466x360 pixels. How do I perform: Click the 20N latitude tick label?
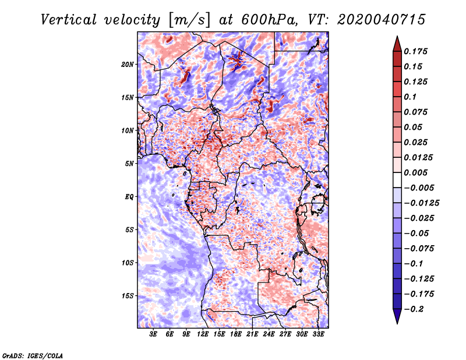coord(127,65)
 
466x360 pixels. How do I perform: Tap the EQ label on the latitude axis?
coord(129,197)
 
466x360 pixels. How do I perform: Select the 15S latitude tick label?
coord(127,296)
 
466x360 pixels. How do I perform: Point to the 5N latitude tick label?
coord(129,164)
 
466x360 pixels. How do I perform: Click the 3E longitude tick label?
coord(153,334)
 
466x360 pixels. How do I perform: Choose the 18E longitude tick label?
coord(236,334)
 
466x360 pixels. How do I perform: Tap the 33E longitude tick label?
coord(318,334)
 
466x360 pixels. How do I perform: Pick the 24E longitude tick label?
coord(269,334)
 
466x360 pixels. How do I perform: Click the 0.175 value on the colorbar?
coord(415,51)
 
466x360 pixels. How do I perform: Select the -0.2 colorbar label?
coord(414,309)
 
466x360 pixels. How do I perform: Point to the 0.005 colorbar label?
coord(415,172)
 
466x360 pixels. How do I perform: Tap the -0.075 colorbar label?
coord(419,249)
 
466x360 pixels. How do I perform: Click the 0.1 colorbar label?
coord(410,97)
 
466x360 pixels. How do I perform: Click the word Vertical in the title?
coord(69,20)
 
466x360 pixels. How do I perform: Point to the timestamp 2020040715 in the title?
coord(382,20)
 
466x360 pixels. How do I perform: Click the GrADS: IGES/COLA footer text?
coord(33,356)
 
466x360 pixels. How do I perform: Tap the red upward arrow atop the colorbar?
coord(397,44)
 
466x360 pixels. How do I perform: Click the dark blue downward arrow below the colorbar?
coord(397,316)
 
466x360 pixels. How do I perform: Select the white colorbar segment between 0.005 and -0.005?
coord(397,180)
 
